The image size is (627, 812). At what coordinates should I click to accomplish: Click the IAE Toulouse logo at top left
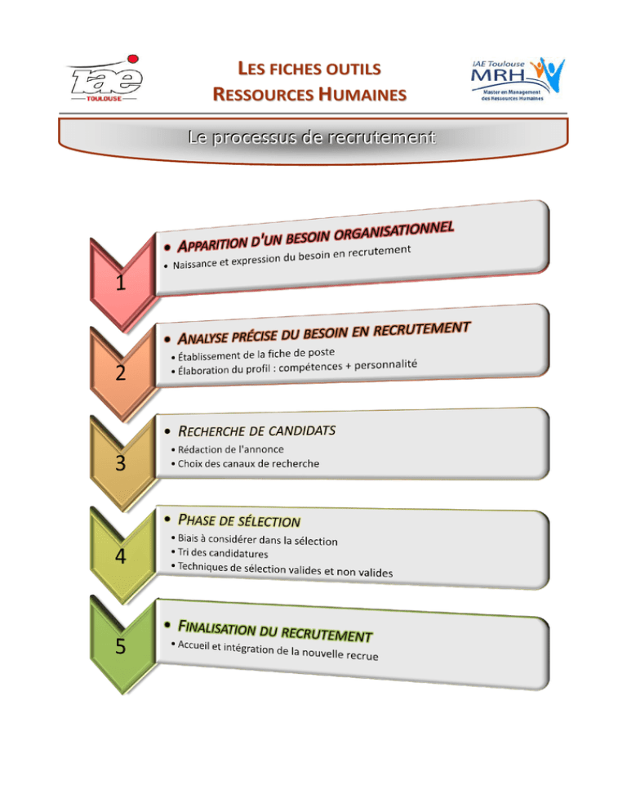[x=105, y=78]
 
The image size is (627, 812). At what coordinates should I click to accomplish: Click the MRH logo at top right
[x=518, y=79]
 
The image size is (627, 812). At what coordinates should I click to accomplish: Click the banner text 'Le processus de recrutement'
[x=312, y=137]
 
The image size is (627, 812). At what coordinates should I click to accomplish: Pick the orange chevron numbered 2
[x=122, y=373]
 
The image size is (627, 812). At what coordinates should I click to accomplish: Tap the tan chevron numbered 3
[x=122, y=462]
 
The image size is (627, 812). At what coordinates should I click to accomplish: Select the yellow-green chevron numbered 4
[x=122, y=555]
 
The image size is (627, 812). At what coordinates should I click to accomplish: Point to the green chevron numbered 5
[x=122, y=645]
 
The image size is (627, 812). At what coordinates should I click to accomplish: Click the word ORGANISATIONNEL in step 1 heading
[x=394, y=230]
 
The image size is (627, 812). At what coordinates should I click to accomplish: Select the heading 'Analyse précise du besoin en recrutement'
[x=323, y=333]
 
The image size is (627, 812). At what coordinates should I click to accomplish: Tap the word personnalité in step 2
[x=385, y=364]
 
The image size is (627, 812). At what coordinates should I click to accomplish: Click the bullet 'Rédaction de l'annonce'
[x=231, y=449]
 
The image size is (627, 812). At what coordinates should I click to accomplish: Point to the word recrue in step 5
[x=362, y=656]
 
